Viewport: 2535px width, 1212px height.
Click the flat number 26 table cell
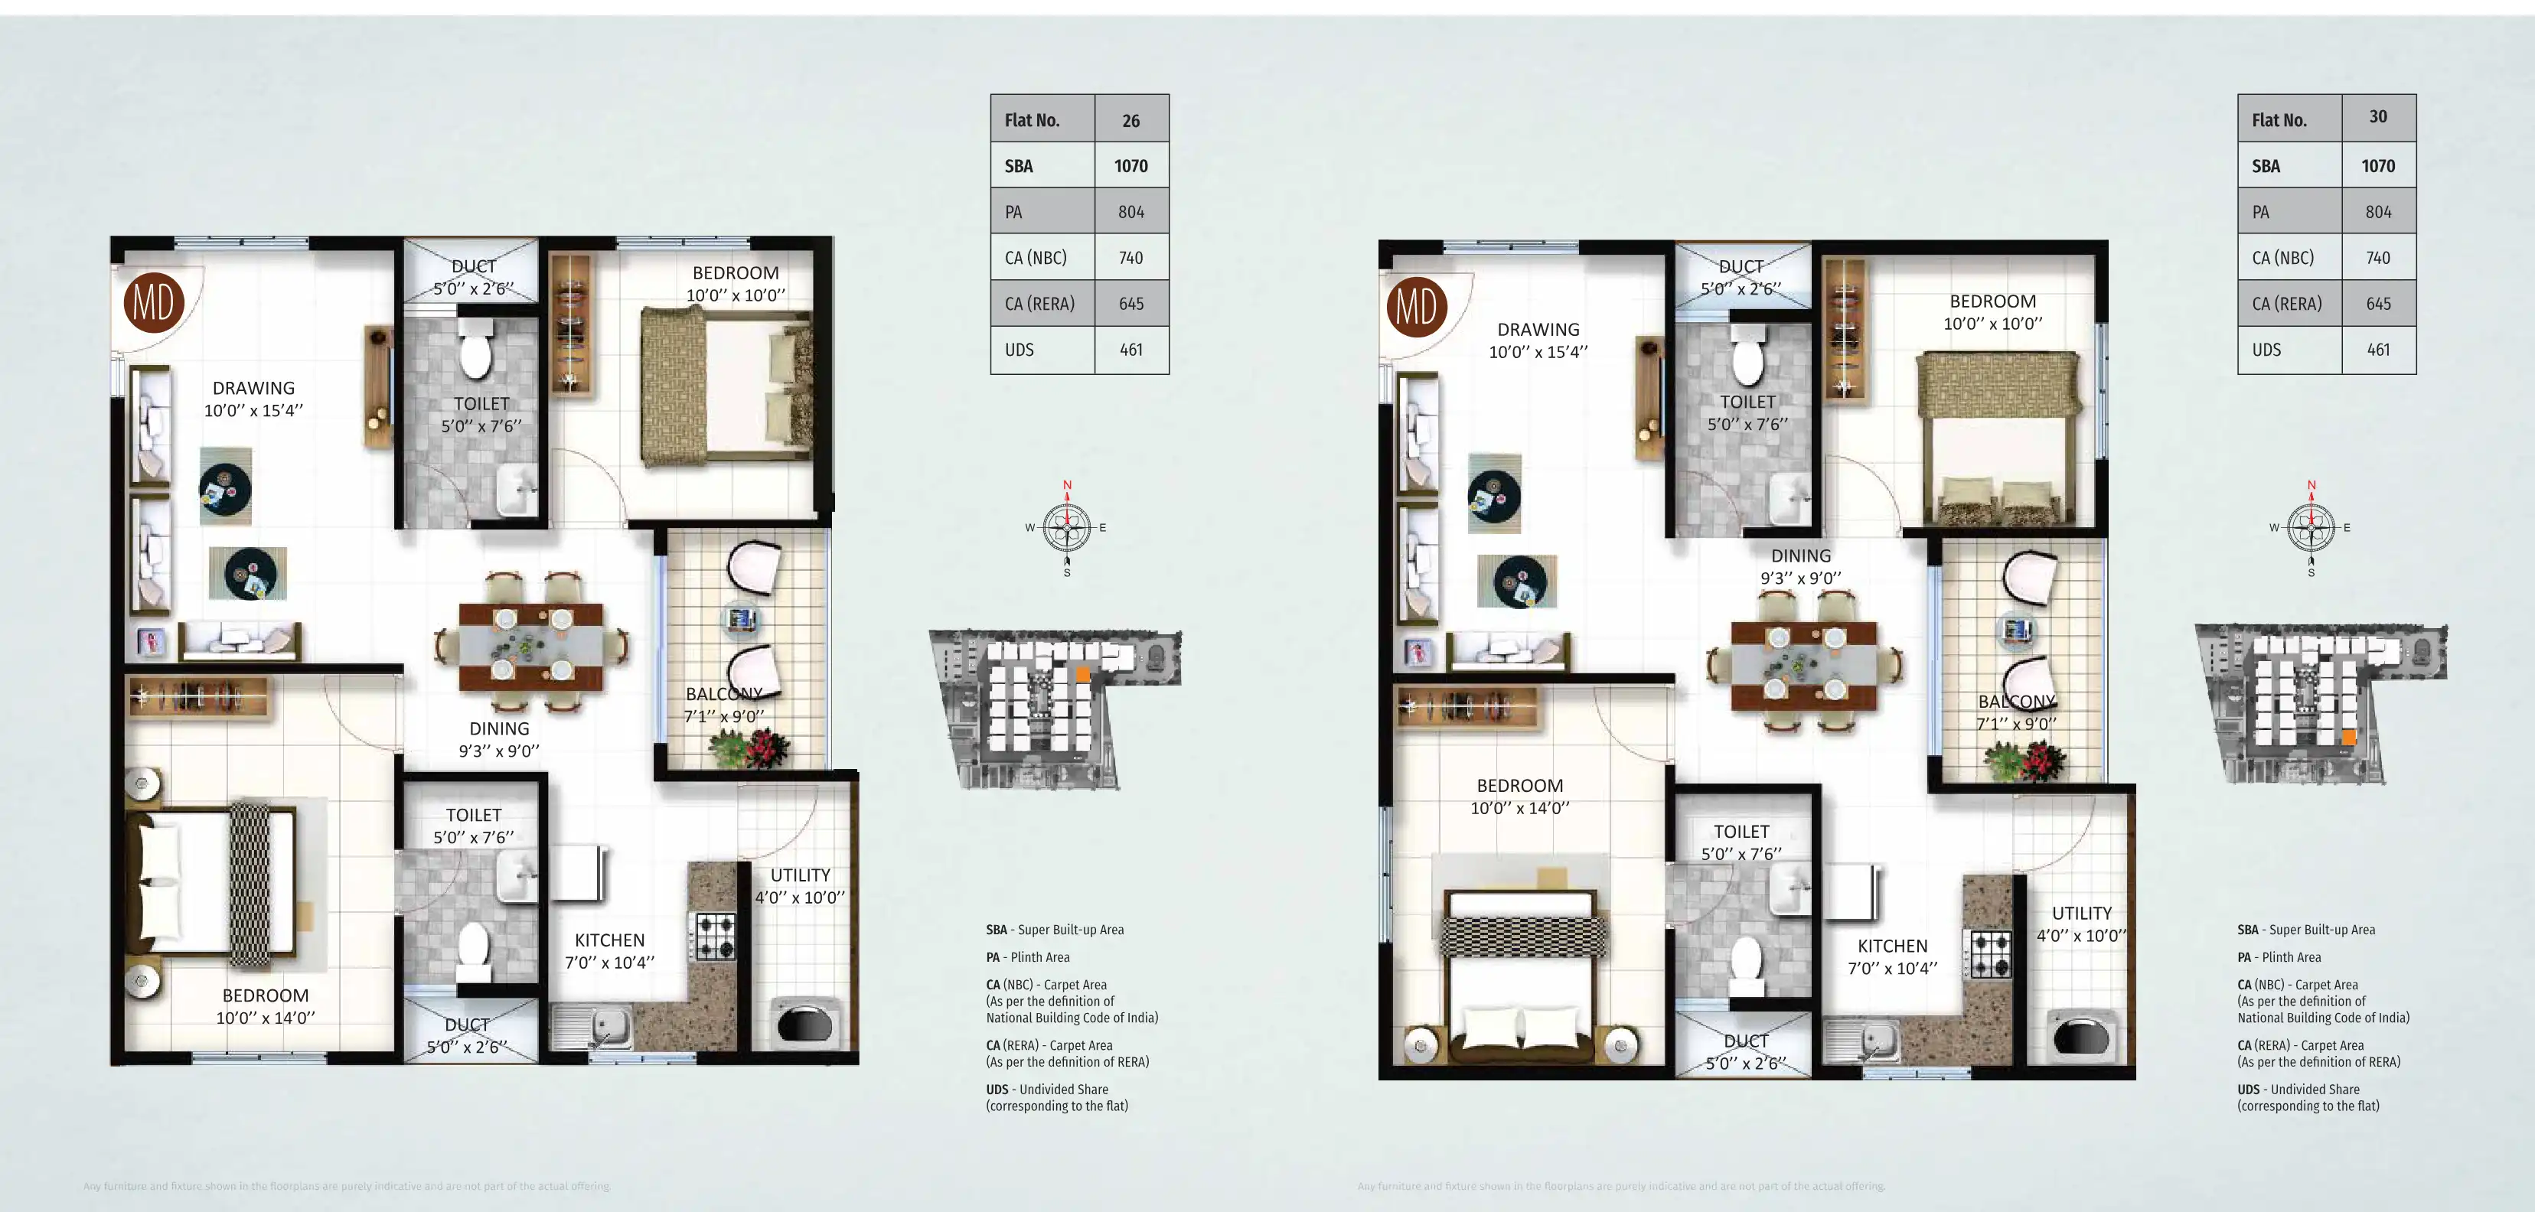1130,120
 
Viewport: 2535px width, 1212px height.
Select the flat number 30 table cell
2377,117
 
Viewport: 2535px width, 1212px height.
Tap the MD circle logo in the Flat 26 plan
154,302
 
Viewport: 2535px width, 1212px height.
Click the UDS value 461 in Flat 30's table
2377,349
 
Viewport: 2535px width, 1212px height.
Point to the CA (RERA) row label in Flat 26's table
1039,304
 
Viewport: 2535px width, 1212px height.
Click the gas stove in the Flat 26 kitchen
716,937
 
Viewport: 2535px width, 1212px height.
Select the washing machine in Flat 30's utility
2080,1037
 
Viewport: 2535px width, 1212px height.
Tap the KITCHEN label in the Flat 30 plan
1891,946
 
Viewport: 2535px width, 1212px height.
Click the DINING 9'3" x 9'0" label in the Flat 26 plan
499,739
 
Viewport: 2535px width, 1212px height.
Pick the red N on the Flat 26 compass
1067,485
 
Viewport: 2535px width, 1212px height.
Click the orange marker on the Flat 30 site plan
2348,737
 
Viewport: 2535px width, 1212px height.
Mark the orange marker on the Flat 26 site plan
1082,674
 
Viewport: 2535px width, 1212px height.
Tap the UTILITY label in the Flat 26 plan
799,875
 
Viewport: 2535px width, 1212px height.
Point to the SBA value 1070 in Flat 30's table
2377,166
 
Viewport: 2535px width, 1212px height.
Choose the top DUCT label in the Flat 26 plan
472,266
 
